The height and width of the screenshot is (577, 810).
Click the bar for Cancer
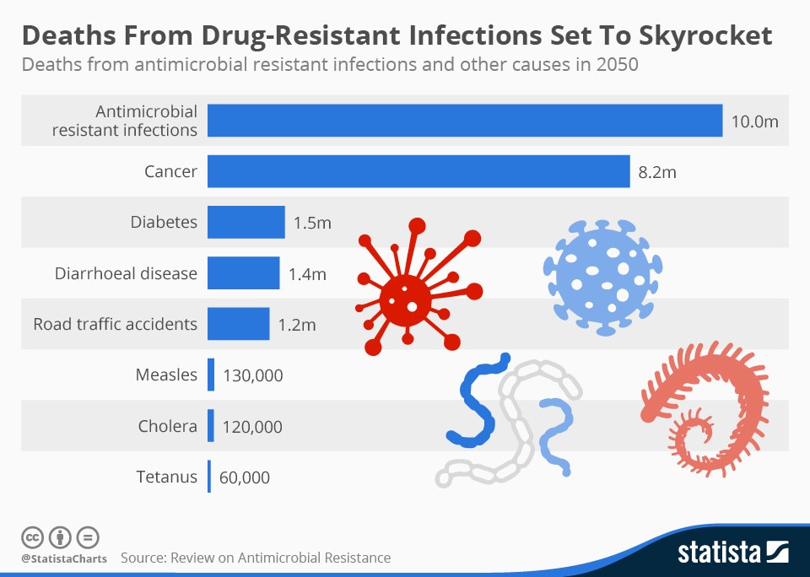(x=418, y=171)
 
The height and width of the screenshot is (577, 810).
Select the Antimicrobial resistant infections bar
(x=465, y=121)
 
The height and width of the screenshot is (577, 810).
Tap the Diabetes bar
(x=246, y=223)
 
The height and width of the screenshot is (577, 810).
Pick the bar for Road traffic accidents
(x=239, y=324)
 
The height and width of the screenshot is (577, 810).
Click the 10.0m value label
(x=754, y=121)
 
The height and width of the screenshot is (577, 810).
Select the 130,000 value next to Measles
(x=252, y=375)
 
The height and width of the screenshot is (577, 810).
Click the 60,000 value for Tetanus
(x=245, y=477)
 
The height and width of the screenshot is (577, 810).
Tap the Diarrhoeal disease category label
(x=126, y=273)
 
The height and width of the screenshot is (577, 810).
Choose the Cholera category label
(x=167, y=426)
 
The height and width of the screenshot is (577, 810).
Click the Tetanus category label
(x=166, y=477)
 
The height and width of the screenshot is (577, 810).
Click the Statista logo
(x=732, y=553)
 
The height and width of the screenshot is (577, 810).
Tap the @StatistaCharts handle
(x=64, y=558)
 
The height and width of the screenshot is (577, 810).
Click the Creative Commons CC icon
(x=32, y=537)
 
